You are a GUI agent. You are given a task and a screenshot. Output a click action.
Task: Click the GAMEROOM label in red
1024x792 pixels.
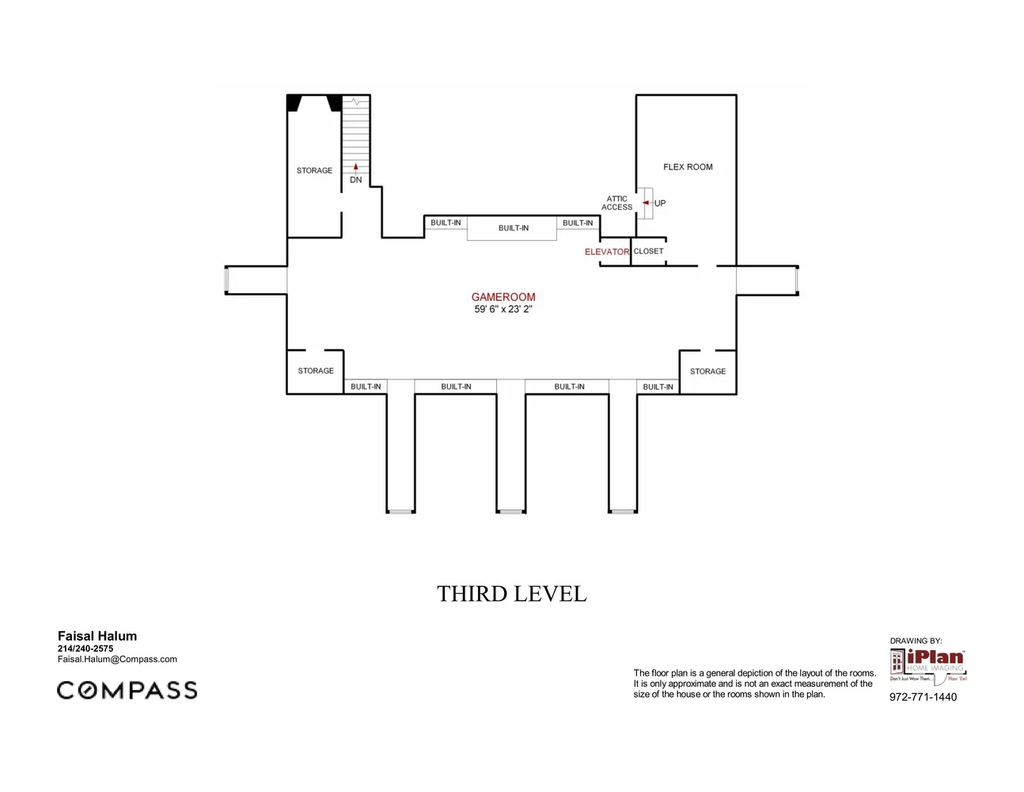tap(503, 297)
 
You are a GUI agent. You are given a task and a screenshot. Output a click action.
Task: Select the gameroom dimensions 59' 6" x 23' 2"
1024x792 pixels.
tap(503, 310)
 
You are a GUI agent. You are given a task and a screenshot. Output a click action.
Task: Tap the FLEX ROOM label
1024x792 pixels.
tap(688, 167)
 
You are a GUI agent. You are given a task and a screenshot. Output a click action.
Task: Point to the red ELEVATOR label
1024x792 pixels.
tap(606, 252)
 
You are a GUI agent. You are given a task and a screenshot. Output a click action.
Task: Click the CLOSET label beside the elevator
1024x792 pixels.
tap(648, 251)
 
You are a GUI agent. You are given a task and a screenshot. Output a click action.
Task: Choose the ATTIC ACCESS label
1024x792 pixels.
tap(616, 204)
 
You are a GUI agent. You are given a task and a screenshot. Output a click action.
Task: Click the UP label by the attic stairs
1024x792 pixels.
tap(660, 204)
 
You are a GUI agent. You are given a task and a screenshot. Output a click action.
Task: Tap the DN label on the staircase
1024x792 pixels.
tap(356, 180)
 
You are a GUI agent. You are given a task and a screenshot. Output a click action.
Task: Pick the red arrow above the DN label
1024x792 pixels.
tap(356, 167)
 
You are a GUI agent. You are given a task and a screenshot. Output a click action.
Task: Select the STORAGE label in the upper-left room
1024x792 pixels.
tap(314, 170)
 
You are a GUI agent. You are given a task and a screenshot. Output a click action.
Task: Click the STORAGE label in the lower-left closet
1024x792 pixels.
tap(316, 371)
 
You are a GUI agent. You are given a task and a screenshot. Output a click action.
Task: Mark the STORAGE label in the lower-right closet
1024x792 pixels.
tap(707, 371)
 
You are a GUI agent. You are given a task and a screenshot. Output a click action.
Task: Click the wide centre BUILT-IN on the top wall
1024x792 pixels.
tap(514, 228)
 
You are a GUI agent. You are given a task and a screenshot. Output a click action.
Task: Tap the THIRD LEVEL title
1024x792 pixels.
tap(512, 594)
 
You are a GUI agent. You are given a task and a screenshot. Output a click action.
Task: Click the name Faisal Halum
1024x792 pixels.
tap(97, 636)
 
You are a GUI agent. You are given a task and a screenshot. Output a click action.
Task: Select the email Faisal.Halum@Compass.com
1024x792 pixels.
tap(117, 659)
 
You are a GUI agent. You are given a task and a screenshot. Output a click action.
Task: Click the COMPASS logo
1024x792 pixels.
tap(127, 690)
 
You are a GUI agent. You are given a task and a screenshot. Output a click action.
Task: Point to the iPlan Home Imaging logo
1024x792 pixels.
tap(927, 665)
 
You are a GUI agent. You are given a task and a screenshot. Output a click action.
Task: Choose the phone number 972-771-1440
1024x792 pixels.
tap(923, 697)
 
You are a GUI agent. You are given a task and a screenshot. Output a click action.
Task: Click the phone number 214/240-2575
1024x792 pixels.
tap(85, 649)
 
